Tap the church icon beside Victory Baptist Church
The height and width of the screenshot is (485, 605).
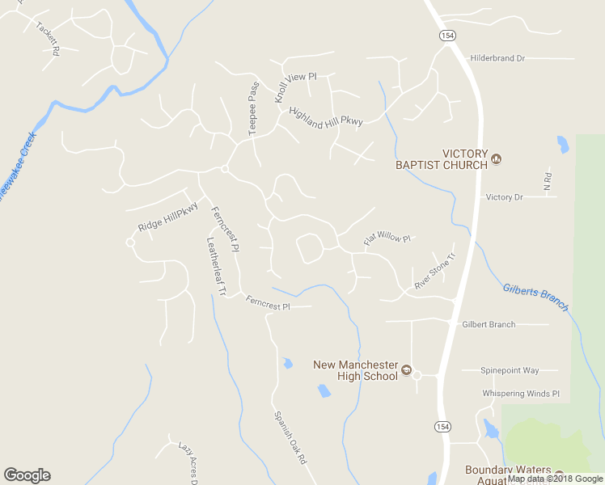coord(497,159)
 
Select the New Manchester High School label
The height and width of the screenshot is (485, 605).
coord(357,369)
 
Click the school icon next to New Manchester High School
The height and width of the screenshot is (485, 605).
coord(407,369)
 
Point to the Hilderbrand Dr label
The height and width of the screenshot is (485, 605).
coord(497,59)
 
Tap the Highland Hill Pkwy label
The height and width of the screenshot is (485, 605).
coord(326,116)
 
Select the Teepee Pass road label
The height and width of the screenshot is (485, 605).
coord(253,108)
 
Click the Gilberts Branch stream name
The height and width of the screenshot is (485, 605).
coord(535,297)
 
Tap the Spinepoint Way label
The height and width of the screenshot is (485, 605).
coord(510,370)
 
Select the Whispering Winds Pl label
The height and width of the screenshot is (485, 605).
coord(521,394)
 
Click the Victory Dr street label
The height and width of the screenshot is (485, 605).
coord(505,197)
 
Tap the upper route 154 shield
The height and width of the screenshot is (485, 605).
coord(447,36)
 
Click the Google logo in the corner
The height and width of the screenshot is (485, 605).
coord(27,475)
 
